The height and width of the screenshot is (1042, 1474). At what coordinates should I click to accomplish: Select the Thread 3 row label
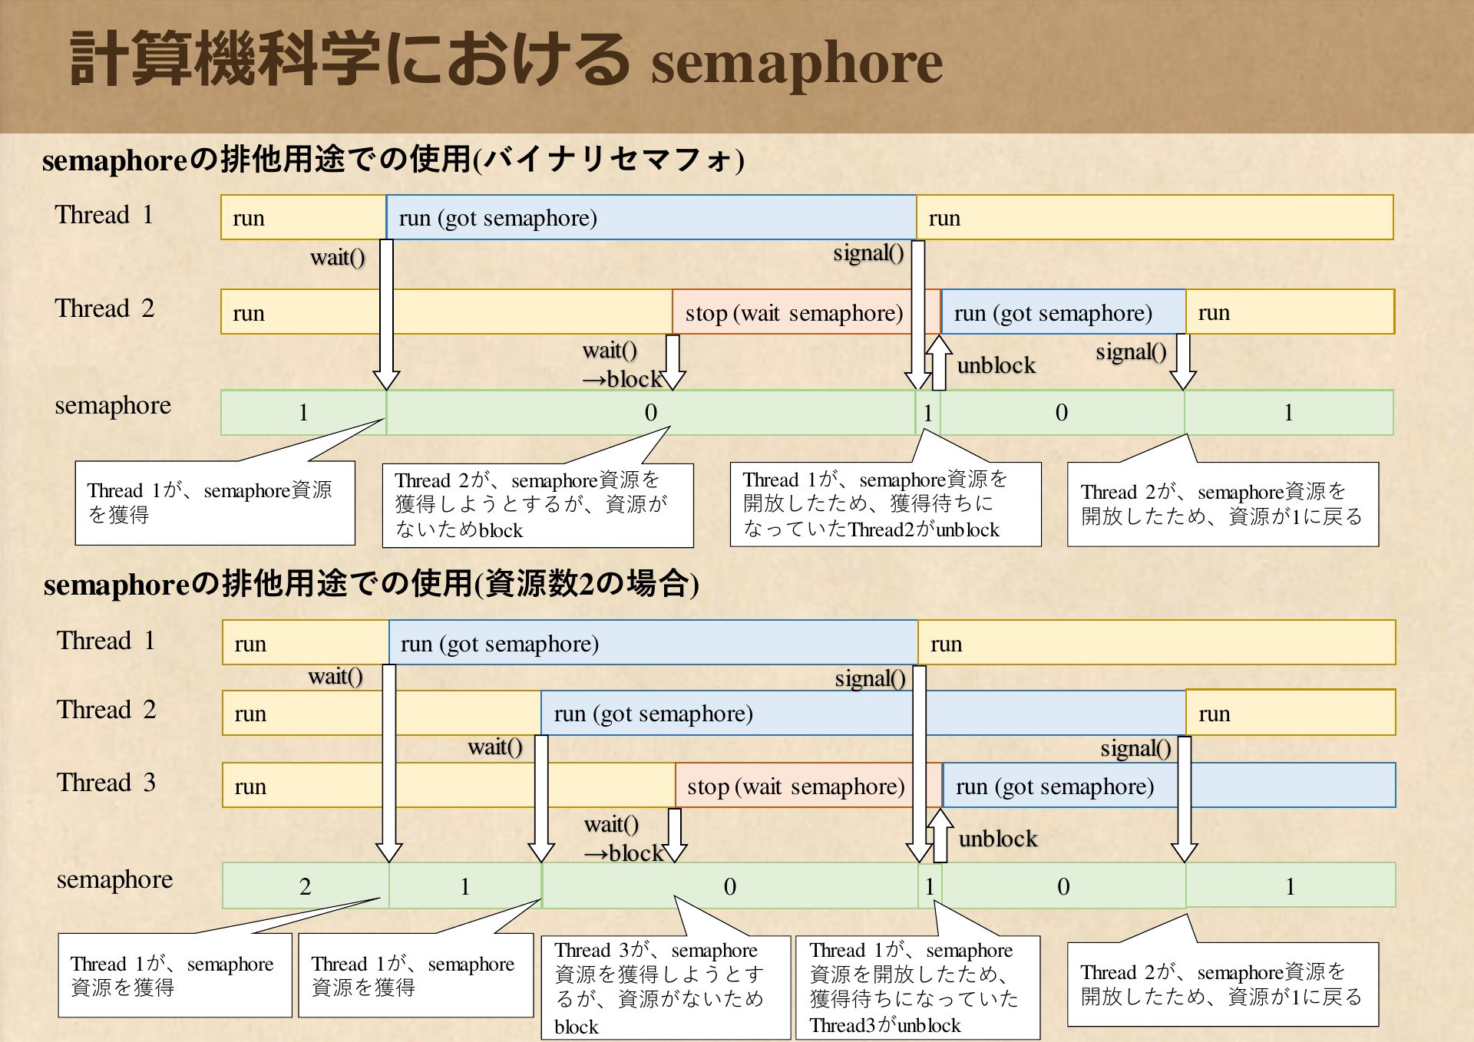point(106,783)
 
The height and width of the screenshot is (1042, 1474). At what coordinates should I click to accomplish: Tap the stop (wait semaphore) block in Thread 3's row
point(808,786)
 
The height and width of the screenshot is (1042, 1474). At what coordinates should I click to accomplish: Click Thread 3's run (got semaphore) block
point(1168,786)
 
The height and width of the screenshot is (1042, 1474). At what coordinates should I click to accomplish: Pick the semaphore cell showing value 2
point(306,886)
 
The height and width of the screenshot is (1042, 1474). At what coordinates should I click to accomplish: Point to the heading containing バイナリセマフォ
point(393,160)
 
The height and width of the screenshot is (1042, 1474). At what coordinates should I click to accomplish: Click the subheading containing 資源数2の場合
point(371,584)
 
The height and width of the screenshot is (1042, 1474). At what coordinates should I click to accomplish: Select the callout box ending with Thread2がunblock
point(885,504)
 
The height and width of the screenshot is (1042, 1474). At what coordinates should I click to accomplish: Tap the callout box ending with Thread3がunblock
point(917,988)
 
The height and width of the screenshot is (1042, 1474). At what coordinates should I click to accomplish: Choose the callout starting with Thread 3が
point(666,988)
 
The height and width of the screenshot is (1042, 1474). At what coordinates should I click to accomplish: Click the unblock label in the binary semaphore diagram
point(996,365)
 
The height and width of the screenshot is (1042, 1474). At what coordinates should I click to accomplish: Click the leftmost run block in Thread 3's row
point(448,786)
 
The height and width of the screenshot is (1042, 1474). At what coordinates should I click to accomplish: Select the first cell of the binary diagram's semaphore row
point(303,413)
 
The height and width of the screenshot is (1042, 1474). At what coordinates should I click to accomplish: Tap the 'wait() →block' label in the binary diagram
point(622,364)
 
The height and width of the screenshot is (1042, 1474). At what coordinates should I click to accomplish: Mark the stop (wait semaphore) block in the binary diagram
point(806,312)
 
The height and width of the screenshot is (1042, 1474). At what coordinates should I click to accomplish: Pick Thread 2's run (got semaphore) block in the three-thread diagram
point(863,713)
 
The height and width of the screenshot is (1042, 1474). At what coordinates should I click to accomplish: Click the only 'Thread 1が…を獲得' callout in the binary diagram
point(215,503)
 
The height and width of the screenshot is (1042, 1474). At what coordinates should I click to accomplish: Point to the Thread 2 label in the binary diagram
point(104,308)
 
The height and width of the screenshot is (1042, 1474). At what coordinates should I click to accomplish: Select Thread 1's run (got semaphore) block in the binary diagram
point(651,217)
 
